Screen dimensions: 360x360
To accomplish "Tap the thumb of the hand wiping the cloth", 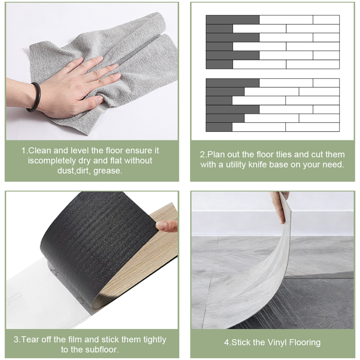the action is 92,101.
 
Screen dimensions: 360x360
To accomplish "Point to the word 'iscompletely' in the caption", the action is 52,161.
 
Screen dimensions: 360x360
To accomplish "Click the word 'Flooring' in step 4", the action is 304,342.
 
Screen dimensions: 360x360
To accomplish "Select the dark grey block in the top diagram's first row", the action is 232,20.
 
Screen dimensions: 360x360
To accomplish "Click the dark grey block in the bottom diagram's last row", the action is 219,127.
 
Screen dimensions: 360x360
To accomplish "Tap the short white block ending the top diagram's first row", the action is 326,20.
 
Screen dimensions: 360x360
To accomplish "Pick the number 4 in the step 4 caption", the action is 226,342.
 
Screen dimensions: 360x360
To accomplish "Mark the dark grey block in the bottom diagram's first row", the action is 232,83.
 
